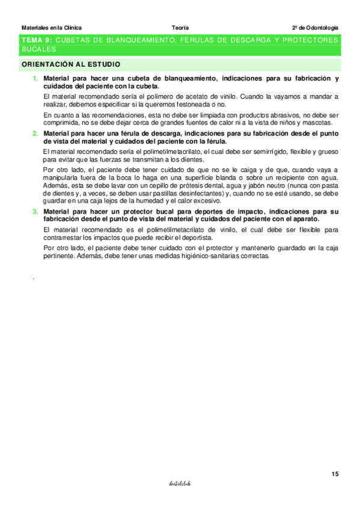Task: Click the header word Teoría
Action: [x=180, y=28]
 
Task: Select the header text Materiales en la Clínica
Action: [x=51, y=28]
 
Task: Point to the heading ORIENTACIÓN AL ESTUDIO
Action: [x=71, y=64]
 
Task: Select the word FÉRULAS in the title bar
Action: [x=189, y=40]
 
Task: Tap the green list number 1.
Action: [x=35, y=79]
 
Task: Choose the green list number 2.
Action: [x=35, y=133]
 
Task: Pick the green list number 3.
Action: [x=35, y=212]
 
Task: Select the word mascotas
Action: [x=317, y=122]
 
